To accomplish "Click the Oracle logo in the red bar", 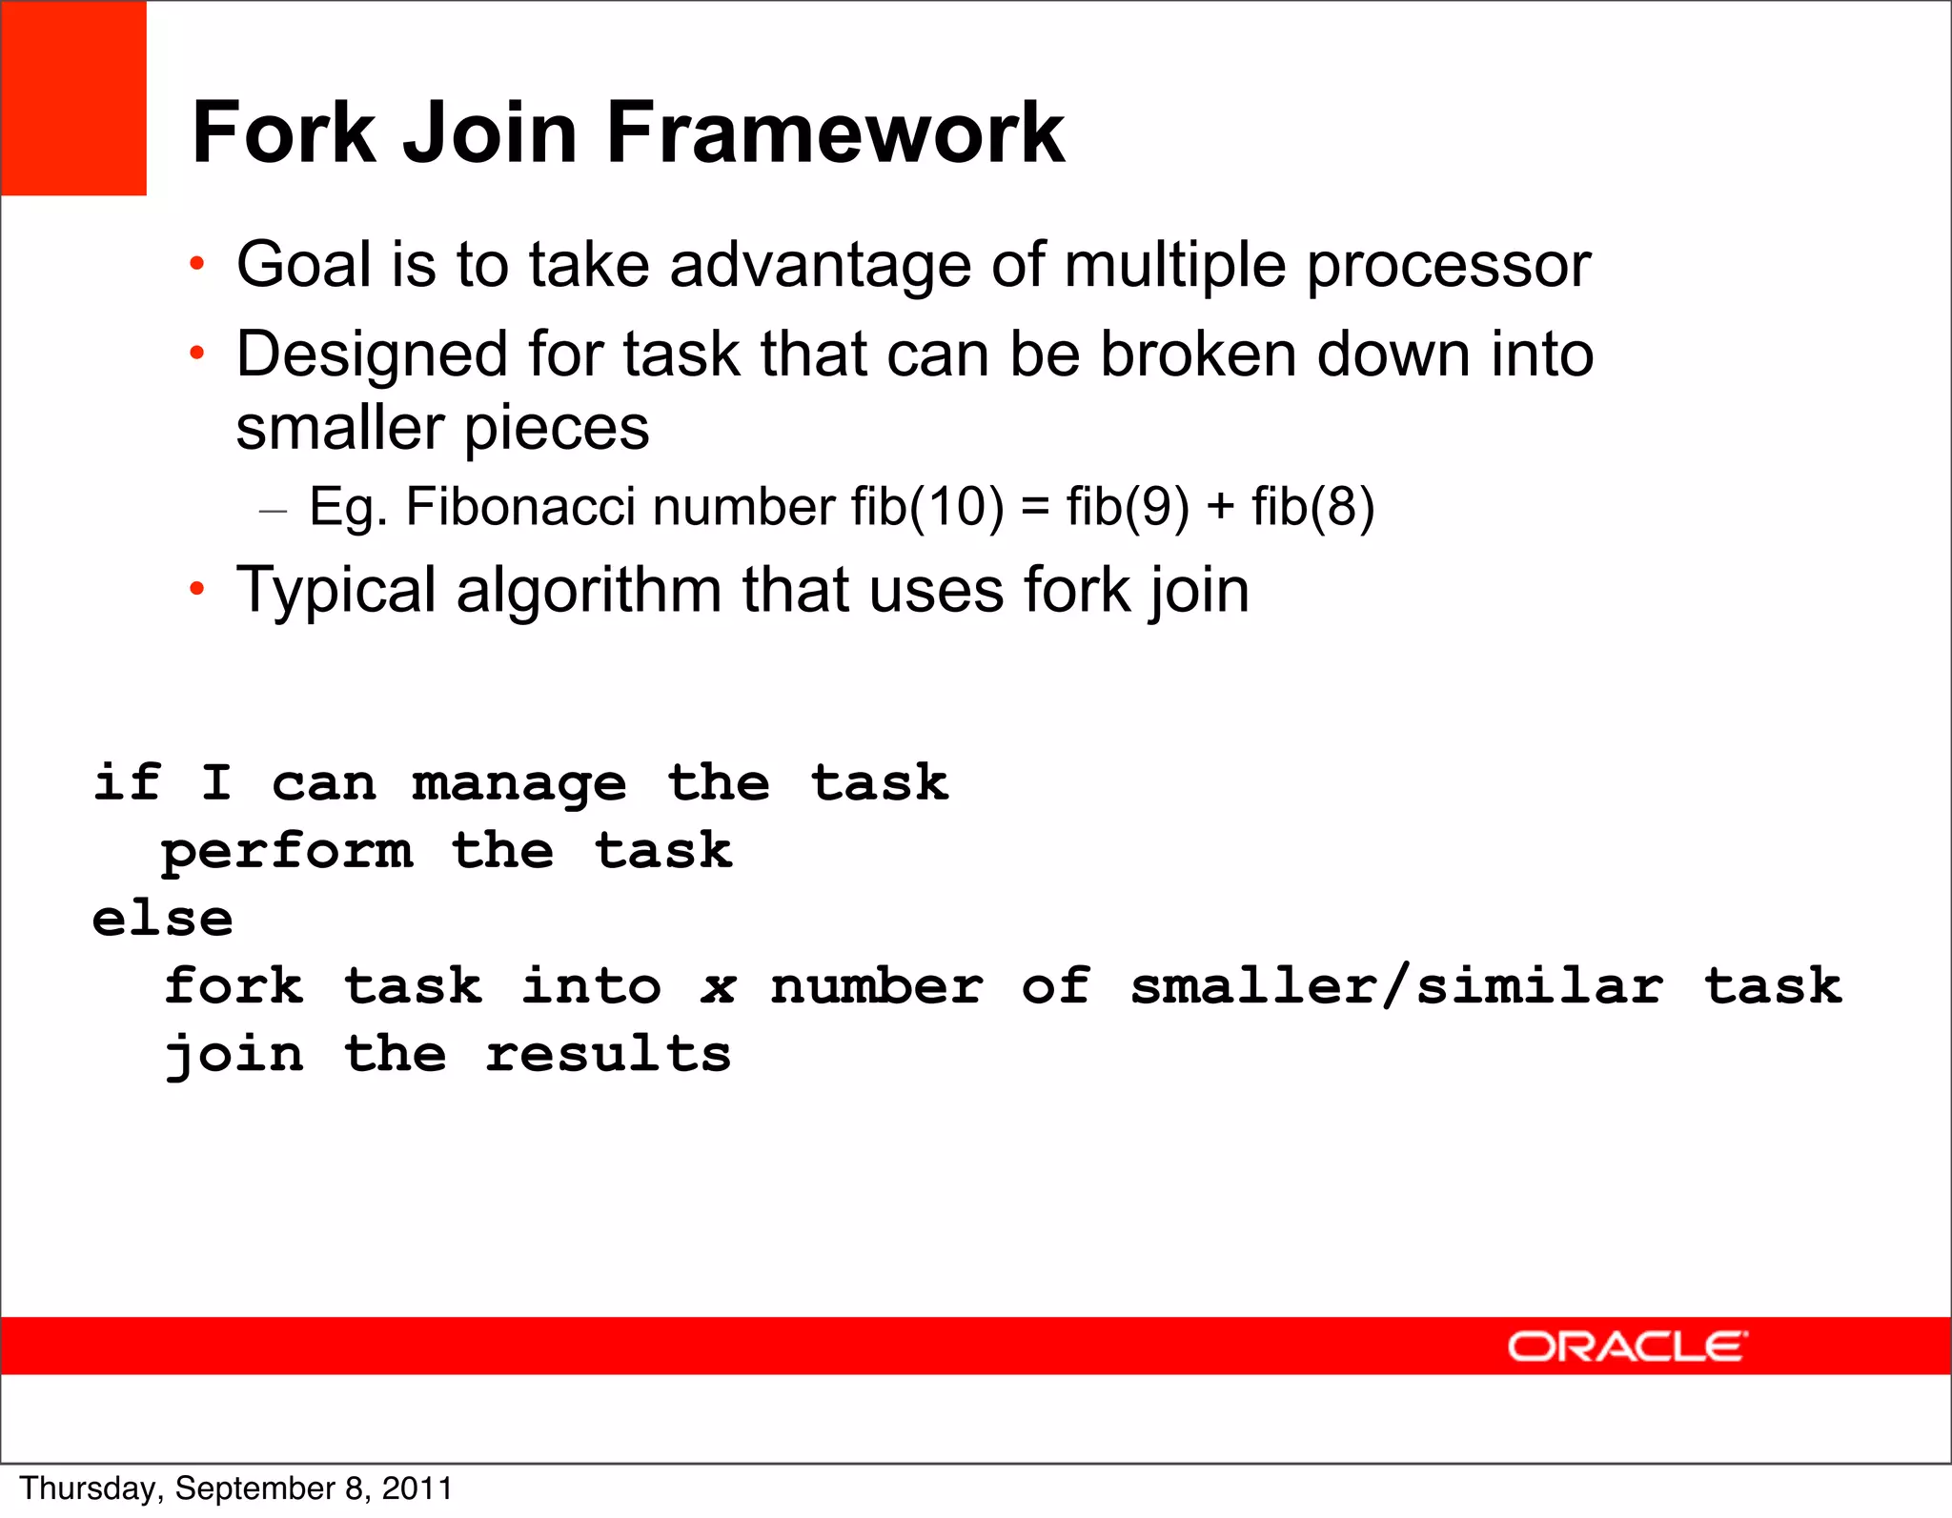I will coord(1627,1346).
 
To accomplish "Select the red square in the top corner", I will coord(73,98).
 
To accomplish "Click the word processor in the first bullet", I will coord(1448,264).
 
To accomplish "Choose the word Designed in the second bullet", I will coord(373,355).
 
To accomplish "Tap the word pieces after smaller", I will coord(557,429).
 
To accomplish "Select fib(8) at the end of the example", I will coord(1312,506).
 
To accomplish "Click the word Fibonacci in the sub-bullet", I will coord(519,506).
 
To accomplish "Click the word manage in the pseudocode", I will coord(519,784).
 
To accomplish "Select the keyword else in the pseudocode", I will coord(163,919).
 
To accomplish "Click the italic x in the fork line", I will coord(718,987).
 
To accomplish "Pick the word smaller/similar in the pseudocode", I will coord(1396,985).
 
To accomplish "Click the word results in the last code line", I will coord(608,1054).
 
